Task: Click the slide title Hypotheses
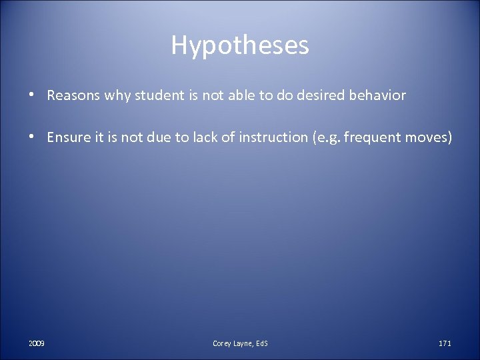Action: pyautogui.click(x=240, y=45)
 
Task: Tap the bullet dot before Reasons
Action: pyautogui.click(x=31, y=95)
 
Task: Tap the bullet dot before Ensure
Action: pyautogui.click(x=31, y=138)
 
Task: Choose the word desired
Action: pyautogui.click(x=309, y=95)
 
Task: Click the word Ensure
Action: pyautogui.click(x=69, y=138)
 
